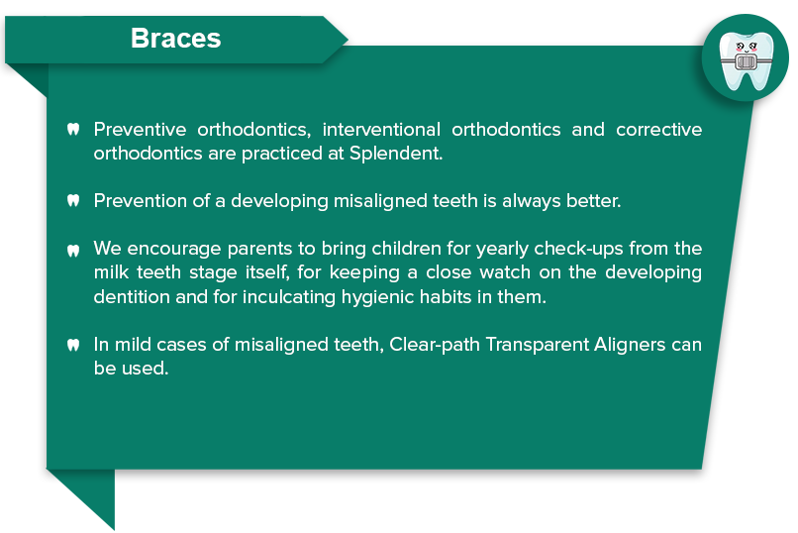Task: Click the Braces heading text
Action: (x=175, y=39)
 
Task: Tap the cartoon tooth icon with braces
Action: (x=746, y=60)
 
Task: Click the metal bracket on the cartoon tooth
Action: (x=746, y=62)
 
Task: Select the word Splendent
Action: (x=396, y=154)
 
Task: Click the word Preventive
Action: (x=140, y=130)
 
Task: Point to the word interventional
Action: (x=381, y=130)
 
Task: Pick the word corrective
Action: (x=659, y=130)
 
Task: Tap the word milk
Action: (x=111, y=272)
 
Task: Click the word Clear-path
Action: (x=435, y=345)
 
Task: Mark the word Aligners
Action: (x=630, y=345)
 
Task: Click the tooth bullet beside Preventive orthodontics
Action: (x=73, y=130)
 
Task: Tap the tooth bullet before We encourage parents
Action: (x=73, y=251)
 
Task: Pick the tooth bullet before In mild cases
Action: (x=73, y=345)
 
